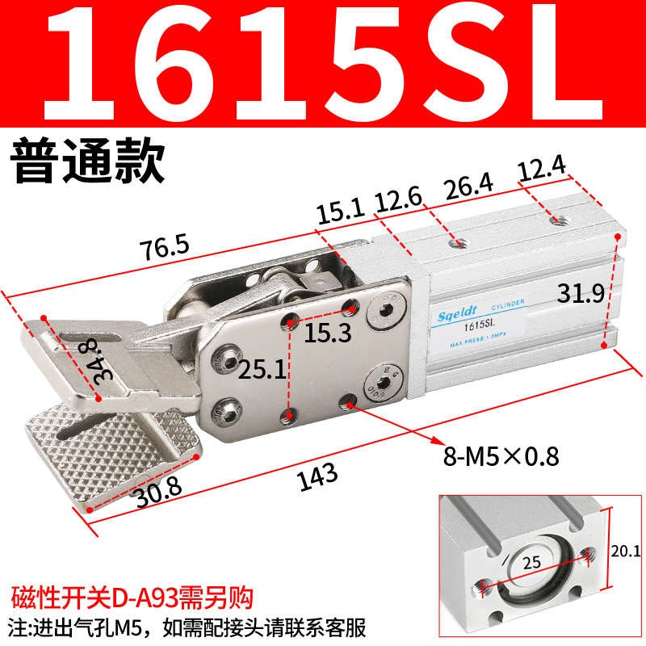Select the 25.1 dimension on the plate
tap(260, 371)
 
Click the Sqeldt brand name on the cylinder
tap(460, 307)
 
